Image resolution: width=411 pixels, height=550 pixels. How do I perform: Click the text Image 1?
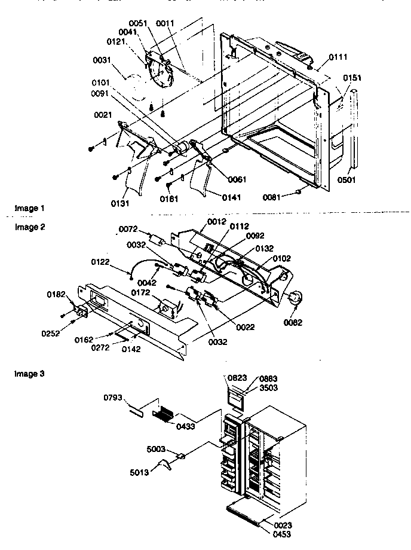(29, 209)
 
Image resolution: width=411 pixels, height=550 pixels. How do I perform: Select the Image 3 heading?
(29, 374)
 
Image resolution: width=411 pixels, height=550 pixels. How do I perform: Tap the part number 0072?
(128, 229)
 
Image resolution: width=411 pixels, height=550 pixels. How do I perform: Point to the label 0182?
(57, 294)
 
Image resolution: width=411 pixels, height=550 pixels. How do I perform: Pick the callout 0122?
(100, 261)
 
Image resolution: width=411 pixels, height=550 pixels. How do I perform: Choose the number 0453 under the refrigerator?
(283, 534)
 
